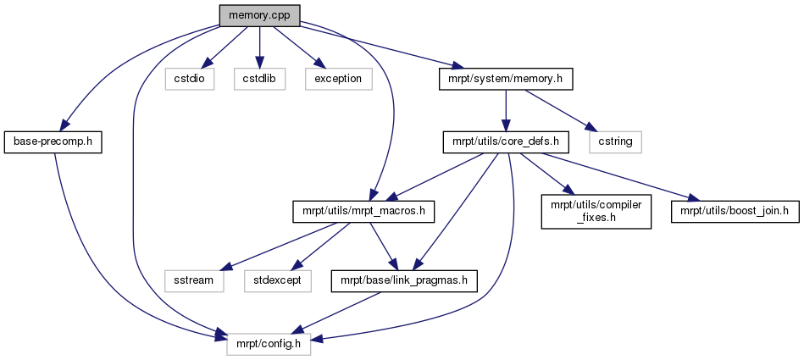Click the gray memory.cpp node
(259, 15)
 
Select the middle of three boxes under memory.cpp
(259, 79)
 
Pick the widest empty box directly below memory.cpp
(339, 79)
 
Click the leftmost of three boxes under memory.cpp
(189, 79)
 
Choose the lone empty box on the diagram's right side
(615, 142)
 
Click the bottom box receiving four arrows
(269, 344)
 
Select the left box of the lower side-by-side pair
(194, 281)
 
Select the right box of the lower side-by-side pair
(278, 281)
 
